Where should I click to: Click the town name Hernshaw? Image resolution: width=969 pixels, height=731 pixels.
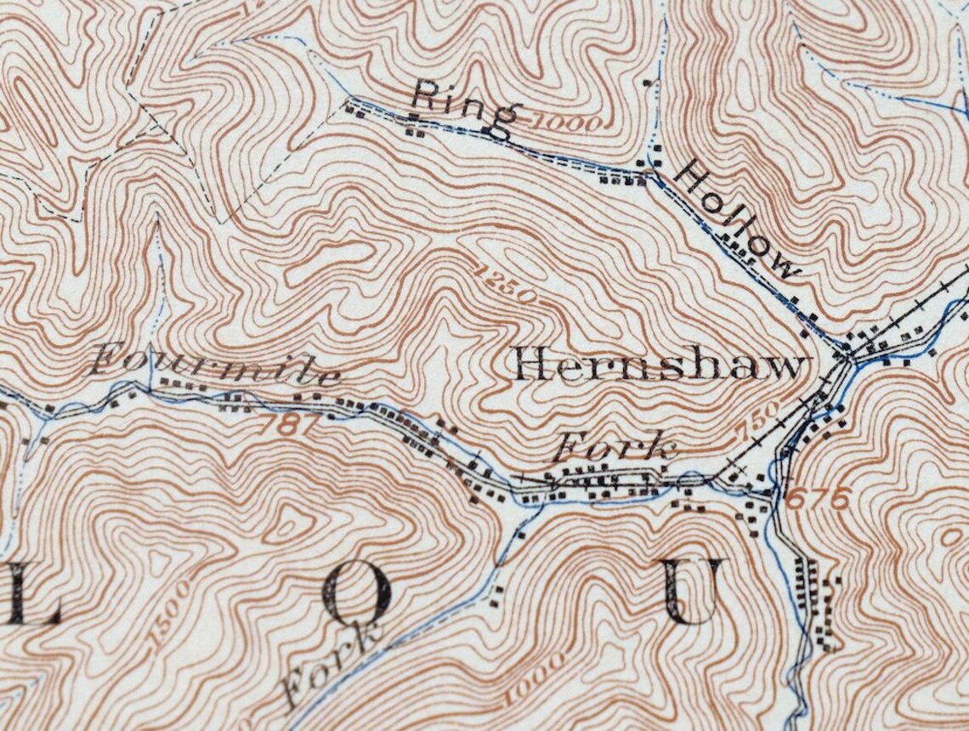[659, 367]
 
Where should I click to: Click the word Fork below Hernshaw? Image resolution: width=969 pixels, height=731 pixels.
[616, 446]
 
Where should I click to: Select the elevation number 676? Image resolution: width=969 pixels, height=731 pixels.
[819, 499]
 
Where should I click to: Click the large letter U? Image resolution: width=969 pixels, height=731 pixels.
[694, 592]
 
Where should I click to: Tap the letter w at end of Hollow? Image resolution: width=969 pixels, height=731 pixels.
[785, 267]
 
